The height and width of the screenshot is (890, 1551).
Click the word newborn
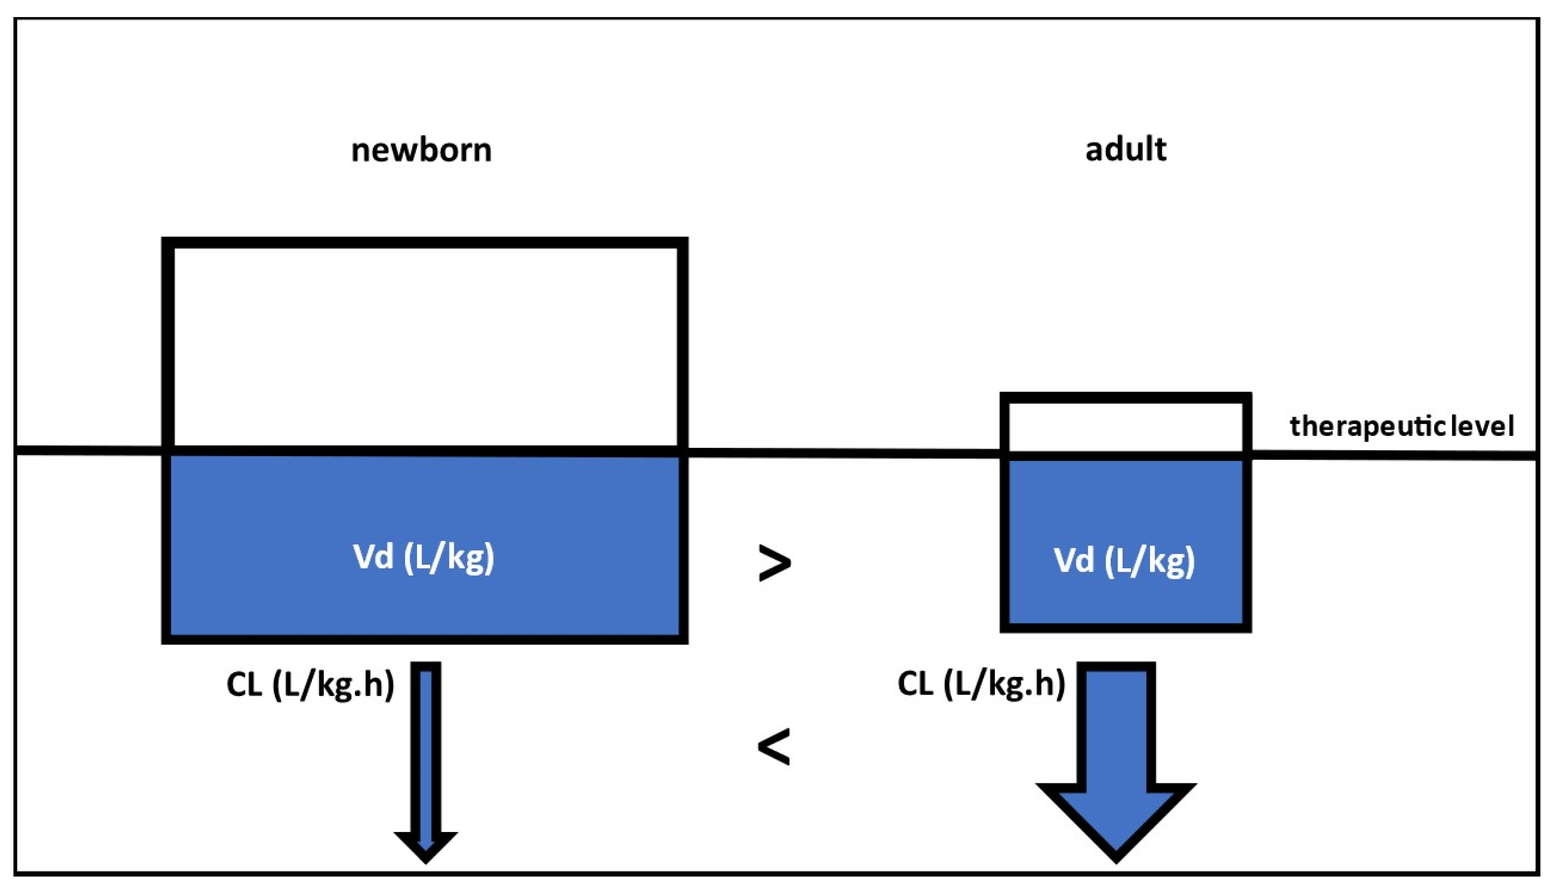point(421,150)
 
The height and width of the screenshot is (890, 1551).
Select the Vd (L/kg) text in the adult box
point(1124,561)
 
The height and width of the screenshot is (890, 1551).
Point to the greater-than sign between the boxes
point(774,563)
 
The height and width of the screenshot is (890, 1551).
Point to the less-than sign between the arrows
point(774,746)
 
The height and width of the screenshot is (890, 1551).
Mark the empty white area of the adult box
point(1125,426)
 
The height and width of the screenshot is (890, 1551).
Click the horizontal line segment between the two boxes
point(844,453)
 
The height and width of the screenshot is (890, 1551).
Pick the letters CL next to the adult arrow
point(915,683)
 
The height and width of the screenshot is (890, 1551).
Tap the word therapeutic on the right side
point(1369,426)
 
